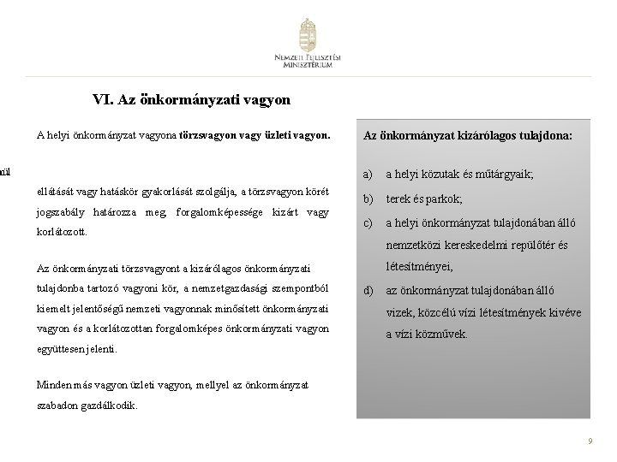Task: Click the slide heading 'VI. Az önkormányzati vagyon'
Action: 191,100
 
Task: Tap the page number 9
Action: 590,440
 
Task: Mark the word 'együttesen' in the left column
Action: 62,350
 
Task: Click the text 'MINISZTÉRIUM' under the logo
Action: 308,74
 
